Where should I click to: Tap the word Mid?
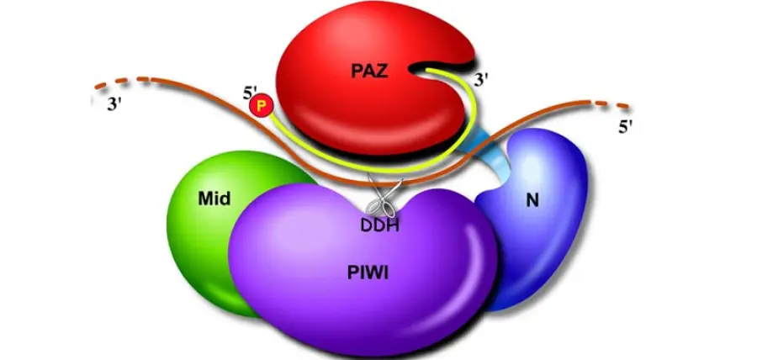tap(216, 199)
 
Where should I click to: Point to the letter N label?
tap(530, 202)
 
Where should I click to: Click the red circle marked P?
tap(263, 106)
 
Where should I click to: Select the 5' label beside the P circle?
tap(250, 92)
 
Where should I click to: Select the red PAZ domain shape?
tap(353, 109)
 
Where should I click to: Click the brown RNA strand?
tap(202, 99)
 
